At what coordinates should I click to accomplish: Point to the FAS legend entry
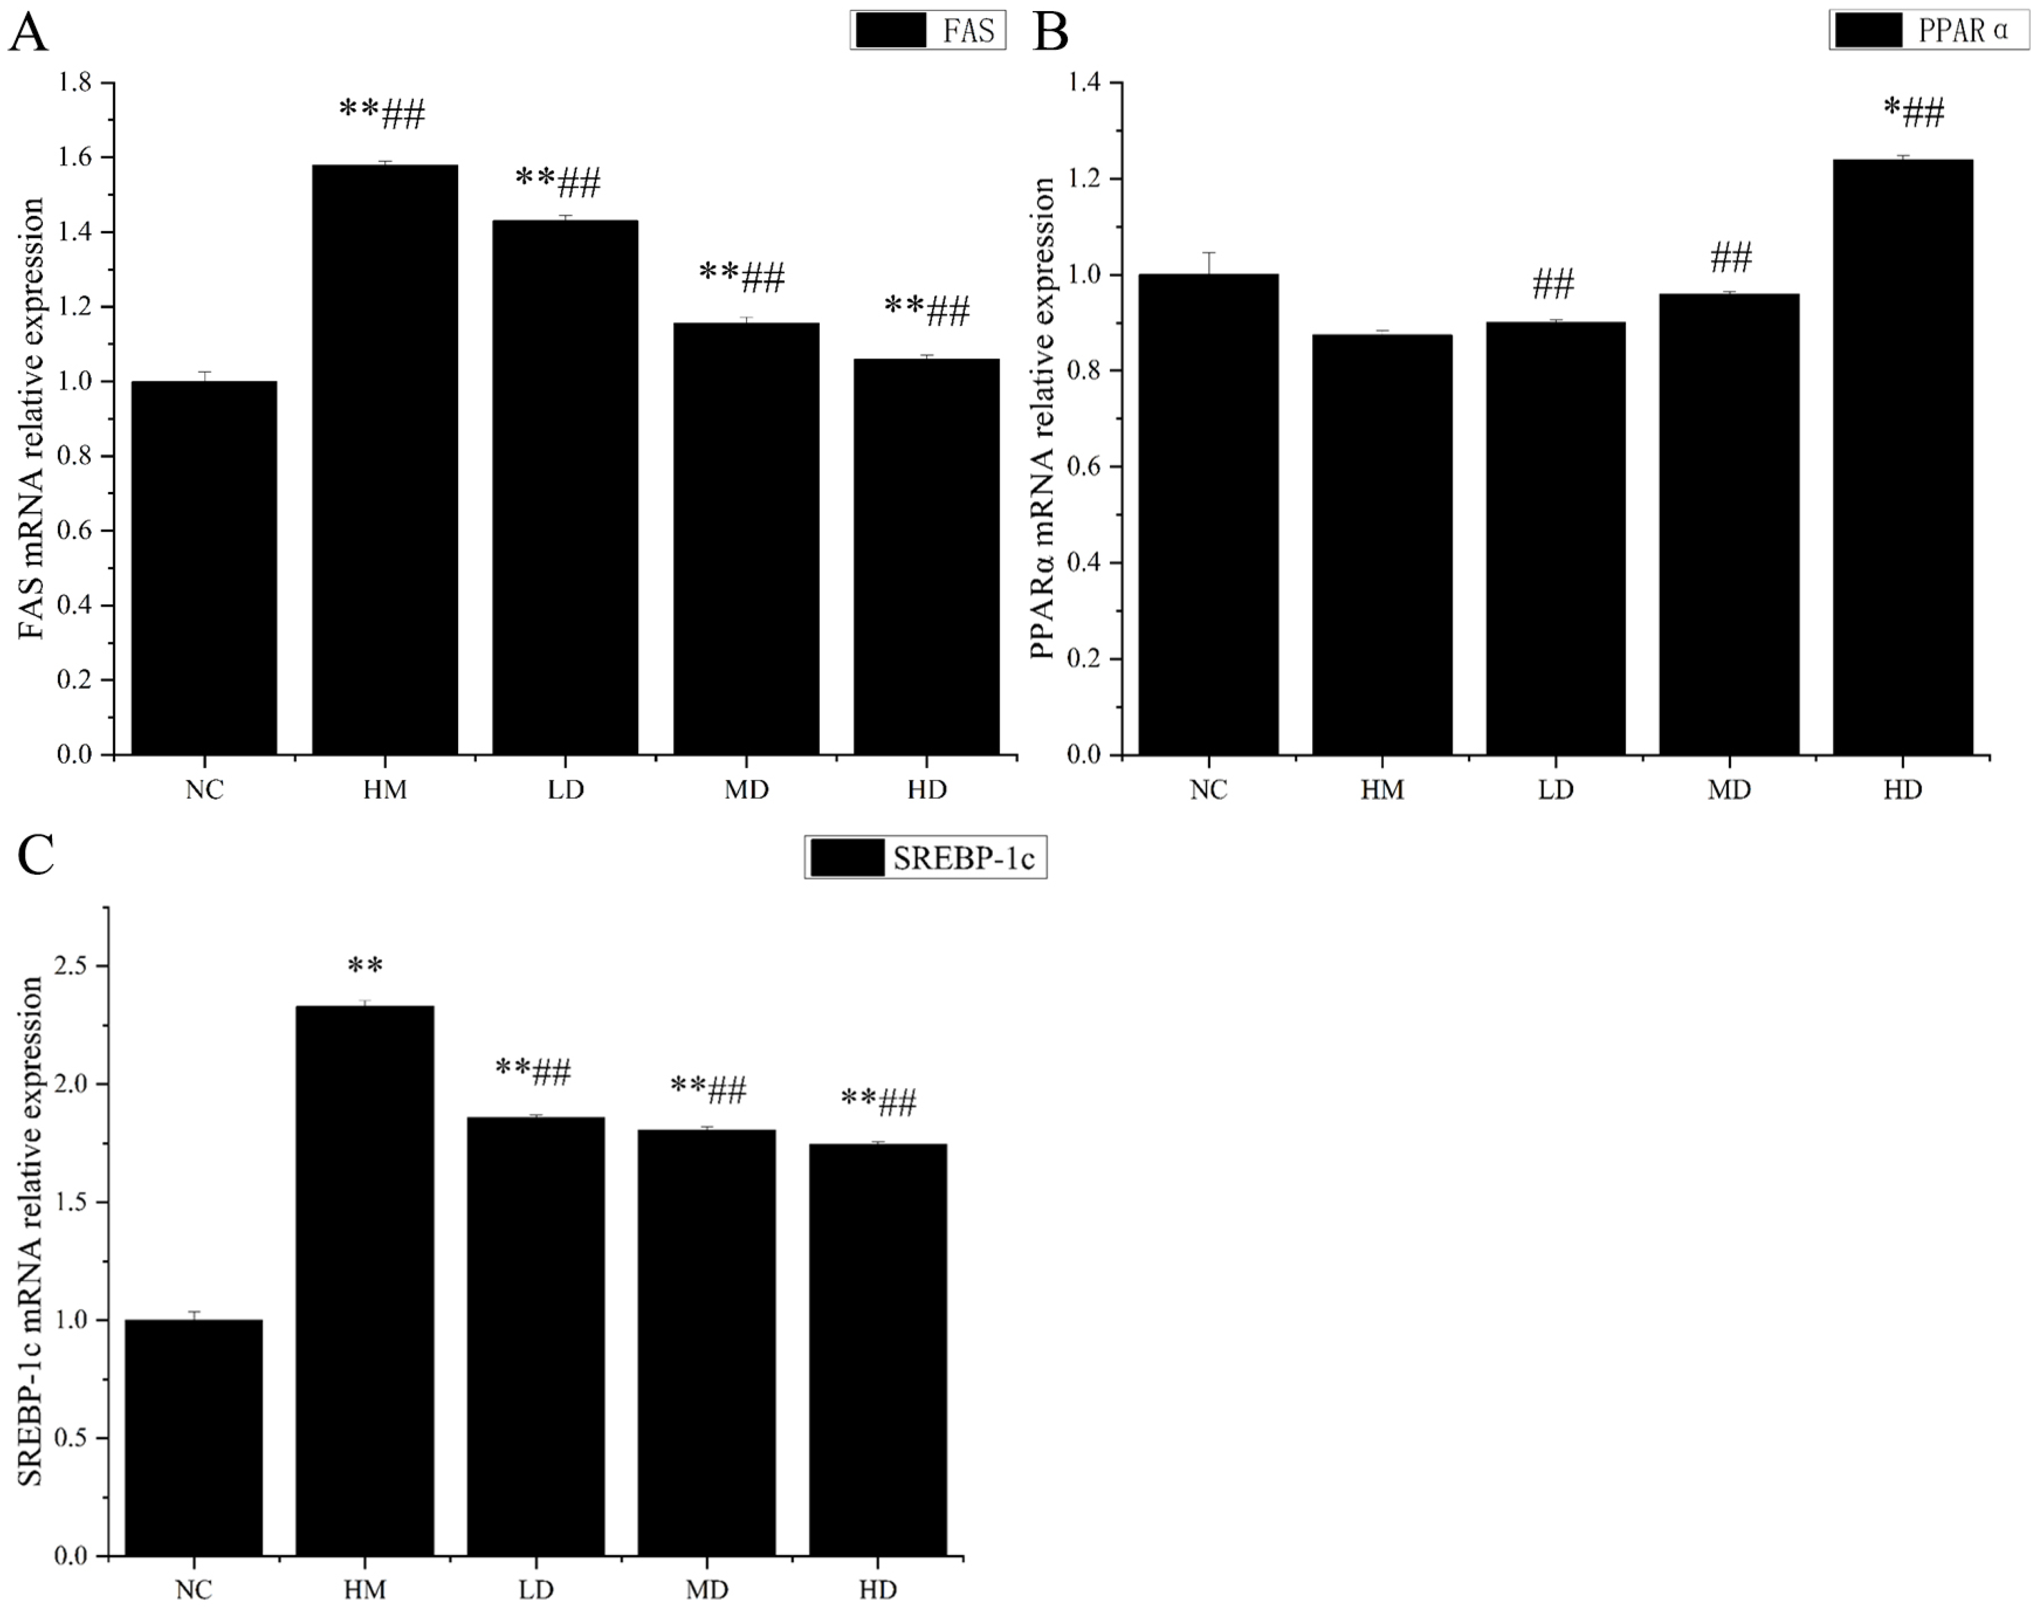[x=928, y=30]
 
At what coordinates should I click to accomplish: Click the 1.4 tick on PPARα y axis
[x=1085, y=83]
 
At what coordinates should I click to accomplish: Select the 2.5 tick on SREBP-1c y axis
[x=71, y=966]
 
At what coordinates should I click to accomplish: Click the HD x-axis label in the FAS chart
[x=927, y=790]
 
